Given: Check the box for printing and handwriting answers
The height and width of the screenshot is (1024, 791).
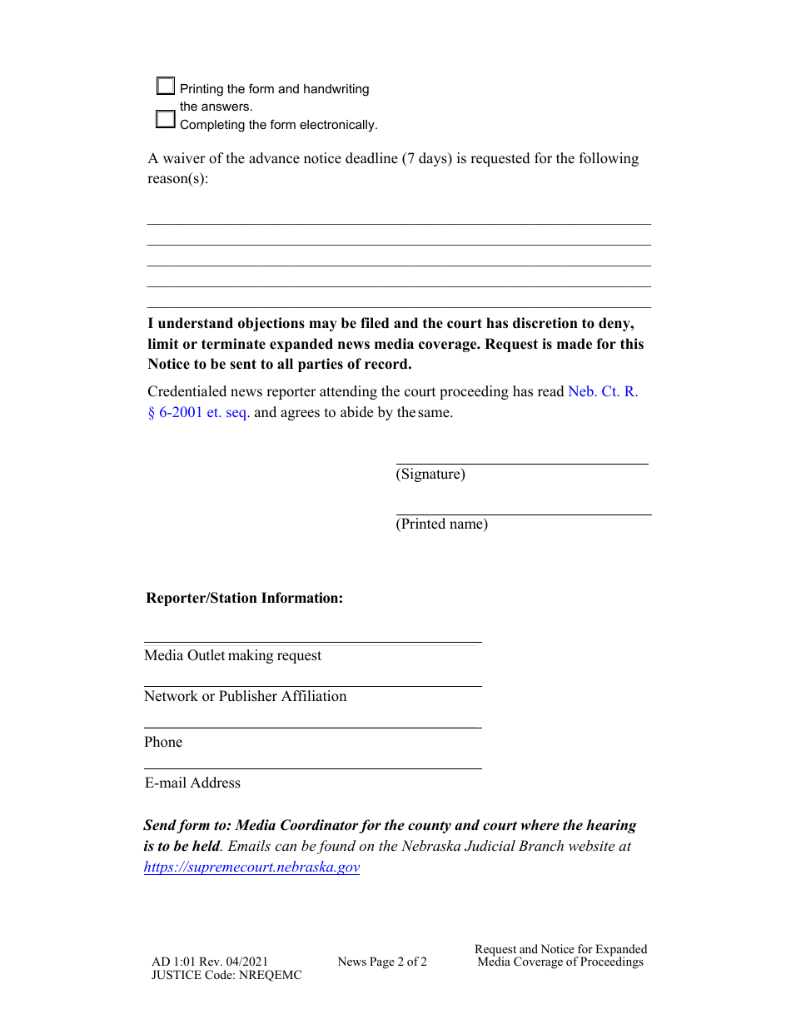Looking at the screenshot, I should [166, 86].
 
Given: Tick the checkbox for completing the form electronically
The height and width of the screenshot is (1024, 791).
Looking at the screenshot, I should [166, 119].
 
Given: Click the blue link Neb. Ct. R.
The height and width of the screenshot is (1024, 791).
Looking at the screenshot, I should [603, 391].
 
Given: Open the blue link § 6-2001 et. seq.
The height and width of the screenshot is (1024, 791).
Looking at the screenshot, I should [198, 412].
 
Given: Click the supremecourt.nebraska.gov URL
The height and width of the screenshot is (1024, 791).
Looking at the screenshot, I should [251, 867].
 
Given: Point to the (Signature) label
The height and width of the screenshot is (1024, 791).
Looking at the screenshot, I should [430, 475].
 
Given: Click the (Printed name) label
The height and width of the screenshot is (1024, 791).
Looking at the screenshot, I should [441, 524].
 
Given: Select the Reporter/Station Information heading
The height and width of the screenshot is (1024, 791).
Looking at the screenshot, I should [244, 598].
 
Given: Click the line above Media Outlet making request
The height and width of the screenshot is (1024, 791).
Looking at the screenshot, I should [312, 642].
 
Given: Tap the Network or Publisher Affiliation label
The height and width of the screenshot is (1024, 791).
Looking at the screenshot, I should [245, 696].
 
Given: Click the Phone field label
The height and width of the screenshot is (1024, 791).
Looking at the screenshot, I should [163, 742].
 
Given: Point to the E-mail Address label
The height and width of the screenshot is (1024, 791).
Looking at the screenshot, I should [192, 783].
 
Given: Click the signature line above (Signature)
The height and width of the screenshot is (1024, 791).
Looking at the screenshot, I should [521, 464].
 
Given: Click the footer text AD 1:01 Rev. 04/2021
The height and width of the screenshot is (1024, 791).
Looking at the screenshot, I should [210, 962].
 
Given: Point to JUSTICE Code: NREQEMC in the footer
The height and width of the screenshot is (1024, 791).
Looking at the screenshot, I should [226, 975].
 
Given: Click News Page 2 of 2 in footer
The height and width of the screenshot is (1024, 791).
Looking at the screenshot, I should [382, 962].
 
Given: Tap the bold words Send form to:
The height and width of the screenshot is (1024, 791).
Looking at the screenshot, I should [187, 825].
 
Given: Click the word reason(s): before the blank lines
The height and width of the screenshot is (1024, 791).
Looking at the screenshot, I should [178, 179].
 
